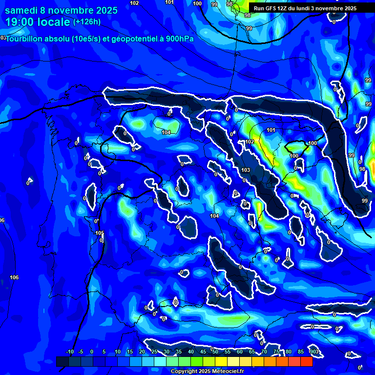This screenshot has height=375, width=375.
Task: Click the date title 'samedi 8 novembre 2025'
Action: coord(61,10)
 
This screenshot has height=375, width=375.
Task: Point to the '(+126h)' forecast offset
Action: coord(86,21)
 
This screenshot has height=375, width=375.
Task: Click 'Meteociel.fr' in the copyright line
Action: coord(225,372)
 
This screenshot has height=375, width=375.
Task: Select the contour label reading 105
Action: coord(100,233)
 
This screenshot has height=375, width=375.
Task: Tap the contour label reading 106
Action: coord(14,277)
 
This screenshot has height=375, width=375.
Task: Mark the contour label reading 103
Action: coord(246,170)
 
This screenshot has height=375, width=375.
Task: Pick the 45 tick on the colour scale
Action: coord(203,352)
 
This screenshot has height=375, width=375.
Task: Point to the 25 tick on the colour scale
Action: coord(154,352)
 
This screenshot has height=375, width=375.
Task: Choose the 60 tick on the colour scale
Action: coord(239,352)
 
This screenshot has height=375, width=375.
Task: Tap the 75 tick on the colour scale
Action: coord(276,352)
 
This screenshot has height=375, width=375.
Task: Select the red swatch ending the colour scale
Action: coord(306,361)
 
